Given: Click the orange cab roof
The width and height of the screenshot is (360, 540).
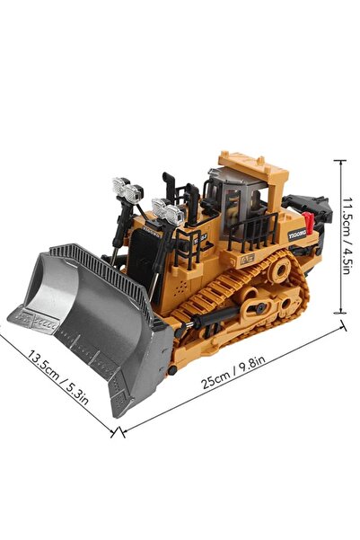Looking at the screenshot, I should click(253, 165).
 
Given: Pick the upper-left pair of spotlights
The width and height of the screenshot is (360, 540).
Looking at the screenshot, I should click(127, 190).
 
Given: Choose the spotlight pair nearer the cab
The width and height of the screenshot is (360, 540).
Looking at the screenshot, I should click(168, 212).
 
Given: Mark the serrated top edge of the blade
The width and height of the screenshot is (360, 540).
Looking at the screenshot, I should click(99, 261).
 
